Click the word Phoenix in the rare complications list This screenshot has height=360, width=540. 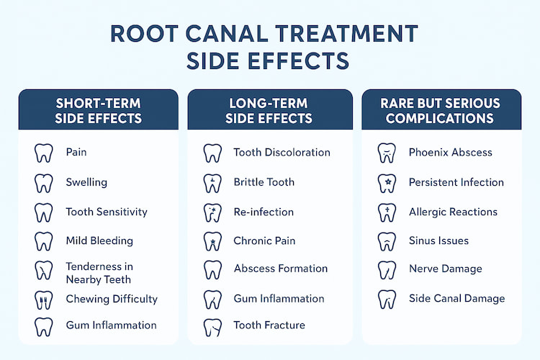point(431,153)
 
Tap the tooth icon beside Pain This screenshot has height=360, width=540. point(44,153)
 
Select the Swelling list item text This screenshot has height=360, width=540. point(86,182)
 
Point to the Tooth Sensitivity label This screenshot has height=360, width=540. point(106,212)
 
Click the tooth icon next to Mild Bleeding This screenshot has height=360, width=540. point(44,241)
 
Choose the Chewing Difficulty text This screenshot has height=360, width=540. point(111,299)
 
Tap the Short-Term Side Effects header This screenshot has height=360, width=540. point(99,109)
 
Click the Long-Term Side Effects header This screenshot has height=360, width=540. point(269,109)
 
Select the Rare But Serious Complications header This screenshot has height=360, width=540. point(440,109)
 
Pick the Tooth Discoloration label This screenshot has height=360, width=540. point(282,153)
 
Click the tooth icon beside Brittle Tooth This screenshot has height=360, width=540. point(212,182)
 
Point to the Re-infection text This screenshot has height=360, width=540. point(264,212)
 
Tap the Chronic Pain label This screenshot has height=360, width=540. point(264,240)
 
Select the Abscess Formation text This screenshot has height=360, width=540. point(280,269)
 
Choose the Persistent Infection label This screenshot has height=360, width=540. point(456,183)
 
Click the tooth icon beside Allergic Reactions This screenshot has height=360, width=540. point(387,212)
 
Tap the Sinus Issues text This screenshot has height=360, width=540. point(438,240)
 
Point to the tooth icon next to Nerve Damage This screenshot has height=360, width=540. point(387,269)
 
